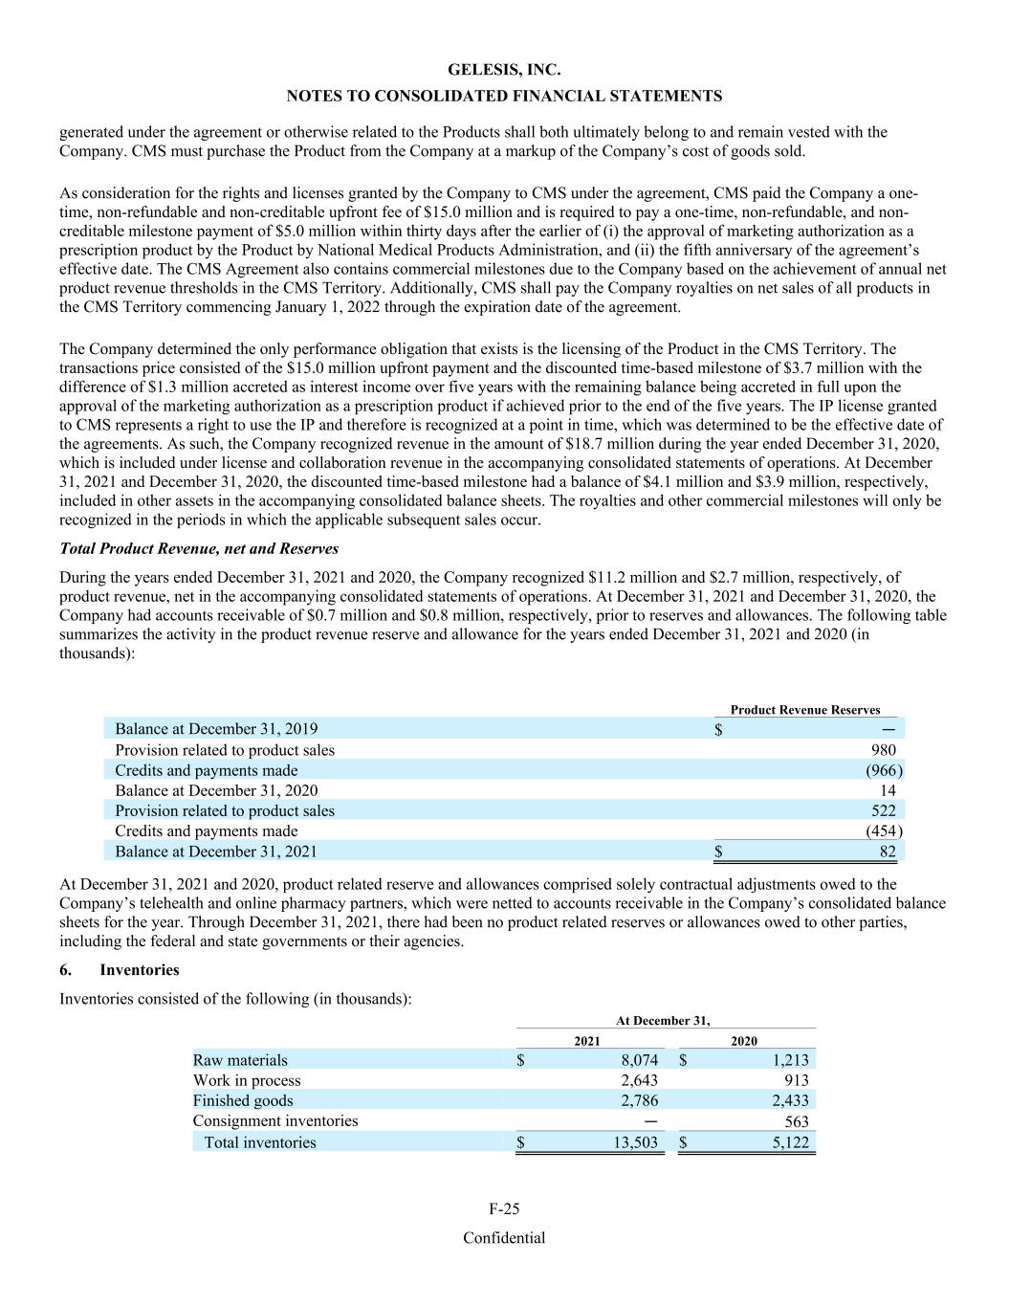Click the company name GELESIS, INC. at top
504,70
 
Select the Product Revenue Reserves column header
804,710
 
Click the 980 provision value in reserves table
884,750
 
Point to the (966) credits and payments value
884,770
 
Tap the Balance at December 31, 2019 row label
216,729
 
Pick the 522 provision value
884,810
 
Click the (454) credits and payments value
884,831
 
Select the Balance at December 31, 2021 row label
216,852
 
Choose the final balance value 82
888,852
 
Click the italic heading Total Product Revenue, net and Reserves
199,548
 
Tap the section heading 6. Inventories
120,969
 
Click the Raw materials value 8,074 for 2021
640,1060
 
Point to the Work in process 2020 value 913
796,1080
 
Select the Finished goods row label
243,1100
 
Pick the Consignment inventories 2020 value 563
796,1121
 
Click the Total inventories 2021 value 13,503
635,1142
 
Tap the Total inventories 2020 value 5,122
790,1142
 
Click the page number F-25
504,1208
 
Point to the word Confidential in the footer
504,1238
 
